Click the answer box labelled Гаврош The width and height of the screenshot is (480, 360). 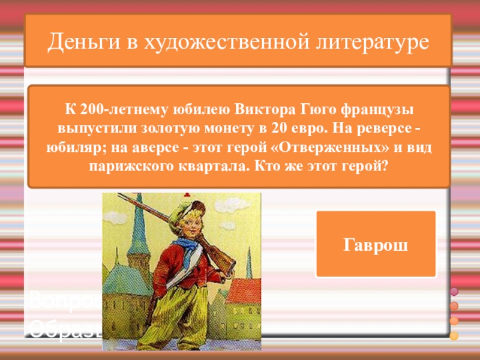376,244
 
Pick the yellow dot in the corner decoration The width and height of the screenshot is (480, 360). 454,335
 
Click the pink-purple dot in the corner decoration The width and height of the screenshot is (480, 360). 454,292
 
